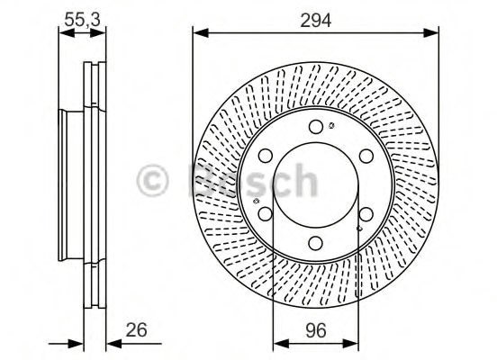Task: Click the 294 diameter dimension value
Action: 316,20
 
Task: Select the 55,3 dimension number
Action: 80,18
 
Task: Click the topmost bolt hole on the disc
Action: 315,127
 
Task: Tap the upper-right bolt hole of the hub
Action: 366,157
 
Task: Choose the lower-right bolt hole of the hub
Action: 366,213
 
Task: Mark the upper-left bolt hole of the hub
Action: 266,157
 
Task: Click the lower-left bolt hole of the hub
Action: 266,213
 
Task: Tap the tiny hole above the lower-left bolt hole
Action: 258,200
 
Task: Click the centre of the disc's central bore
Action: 315,184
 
